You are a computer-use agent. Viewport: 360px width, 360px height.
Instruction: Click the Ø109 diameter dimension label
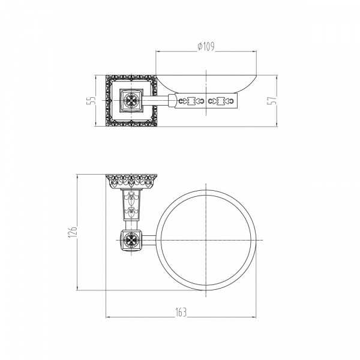click(x=206, y=47)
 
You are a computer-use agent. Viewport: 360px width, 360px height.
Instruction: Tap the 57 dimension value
click(x=272, y=100)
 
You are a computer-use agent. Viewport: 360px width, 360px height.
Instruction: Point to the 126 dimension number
click(x=73, y=232)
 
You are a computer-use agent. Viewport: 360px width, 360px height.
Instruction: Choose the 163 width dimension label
click(x=181, y=312)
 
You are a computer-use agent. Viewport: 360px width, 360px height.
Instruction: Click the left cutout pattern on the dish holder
click(x=191, y=101)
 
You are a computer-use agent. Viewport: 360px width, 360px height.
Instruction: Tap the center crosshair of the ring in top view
click(x=206, y=240)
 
